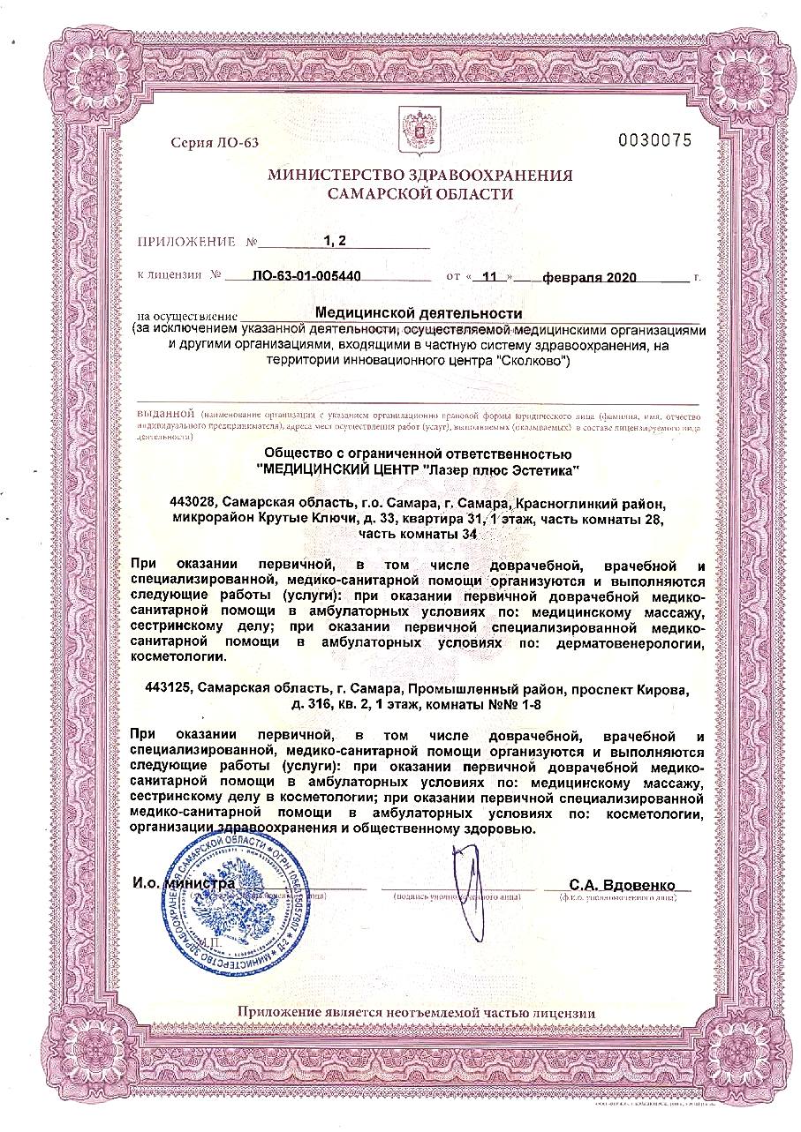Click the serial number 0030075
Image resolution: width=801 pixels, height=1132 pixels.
coord(655,140)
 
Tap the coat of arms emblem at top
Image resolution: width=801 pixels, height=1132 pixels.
coord(412,126)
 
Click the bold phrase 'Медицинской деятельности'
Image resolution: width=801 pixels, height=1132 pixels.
coord(419,312)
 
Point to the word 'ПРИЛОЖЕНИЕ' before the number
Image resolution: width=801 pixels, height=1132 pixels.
coord(186,241)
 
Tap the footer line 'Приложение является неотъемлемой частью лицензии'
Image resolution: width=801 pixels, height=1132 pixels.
coord(416,1013)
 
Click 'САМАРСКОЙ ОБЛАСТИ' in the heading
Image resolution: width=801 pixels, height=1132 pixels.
coord(419,193)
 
